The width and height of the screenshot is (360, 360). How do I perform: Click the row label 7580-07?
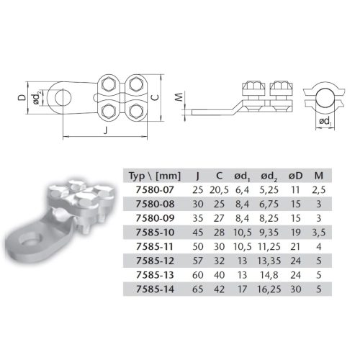coord(155,190)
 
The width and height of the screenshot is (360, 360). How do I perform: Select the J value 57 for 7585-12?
coord(198,261)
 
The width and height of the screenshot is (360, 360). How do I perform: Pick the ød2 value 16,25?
coord(269,289)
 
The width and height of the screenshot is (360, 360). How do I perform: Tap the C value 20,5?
coord(219,190)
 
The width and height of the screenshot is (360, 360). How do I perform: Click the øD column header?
coord(295,176)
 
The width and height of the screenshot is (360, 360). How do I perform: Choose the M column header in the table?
coord(319,176)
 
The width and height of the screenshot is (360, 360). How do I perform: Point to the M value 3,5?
coord(319,233)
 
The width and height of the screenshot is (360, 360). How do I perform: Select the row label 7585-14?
coord(155,289)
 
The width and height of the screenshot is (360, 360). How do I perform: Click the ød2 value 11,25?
coord(269,247)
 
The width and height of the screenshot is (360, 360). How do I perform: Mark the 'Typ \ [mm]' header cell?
coord(155,176)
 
